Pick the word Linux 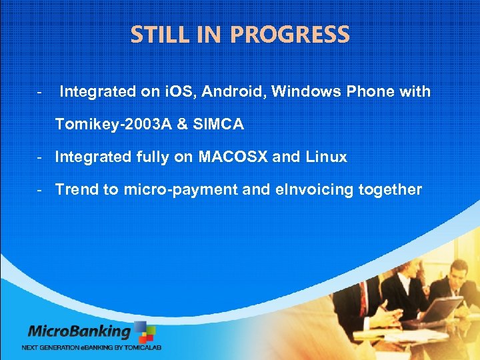[x=326, y=157]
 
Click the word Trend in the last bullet [x=75, y=189]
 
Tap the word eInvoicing [x=314, y=189]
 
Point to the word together [x=390, y=189]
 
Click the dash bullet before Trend [x=41, y=189]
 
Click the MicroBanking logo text [x=79, y=331]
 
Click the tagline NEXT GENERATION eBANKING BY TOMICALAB [x=91, y=347]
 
